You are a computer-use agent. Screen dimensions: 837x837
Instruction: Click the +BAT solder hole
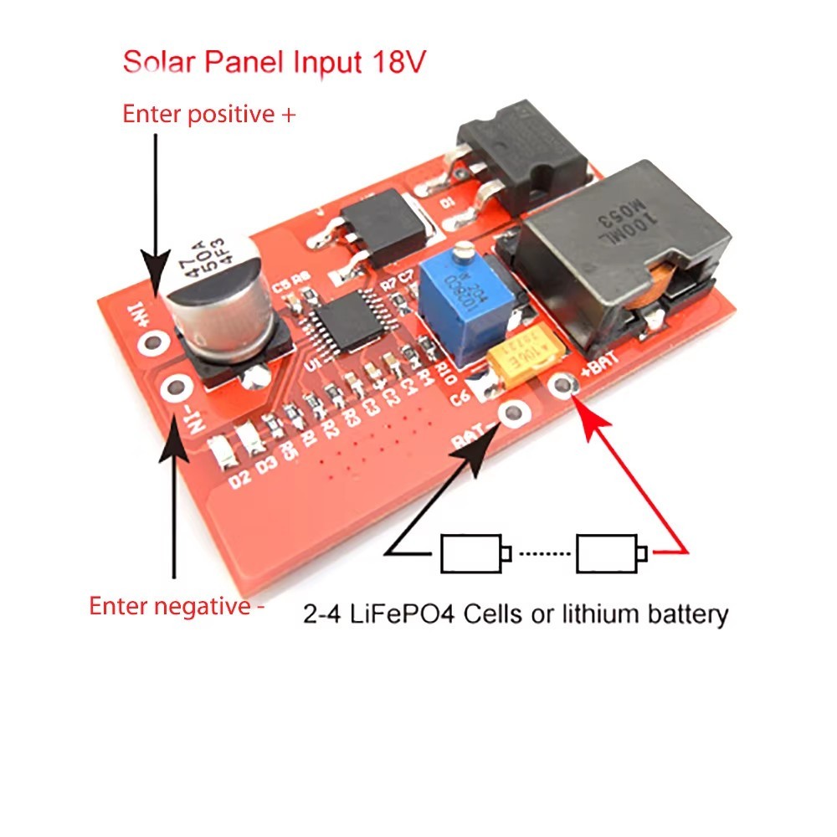click(x=565, y=386)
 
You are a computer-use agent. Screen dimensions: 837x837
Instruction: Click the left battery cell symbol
click(x=474, y=552)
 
